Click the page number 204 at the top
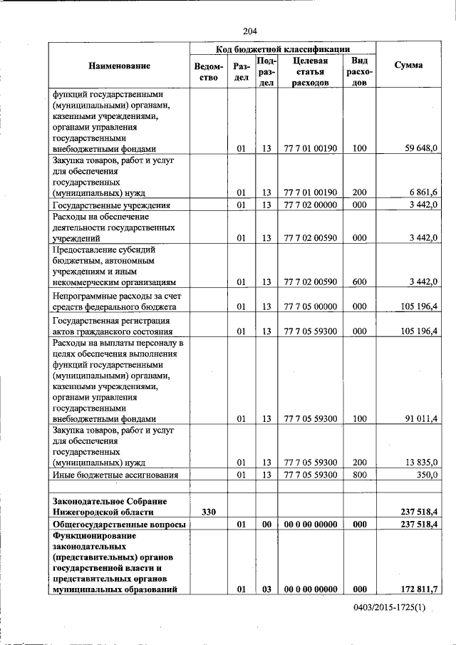[x=249, y=31]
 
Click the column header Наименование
[x=119, y=66]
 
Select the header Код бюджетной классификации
[x=282, y=49]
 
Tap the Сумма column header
[x=408, y=66]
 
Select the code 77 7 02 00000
[x=310, y=205]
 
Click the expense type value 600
[x=359, y=282]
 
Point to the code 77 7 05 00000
[x=310, y=307]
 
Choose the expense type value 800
[x=359, y=475]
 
